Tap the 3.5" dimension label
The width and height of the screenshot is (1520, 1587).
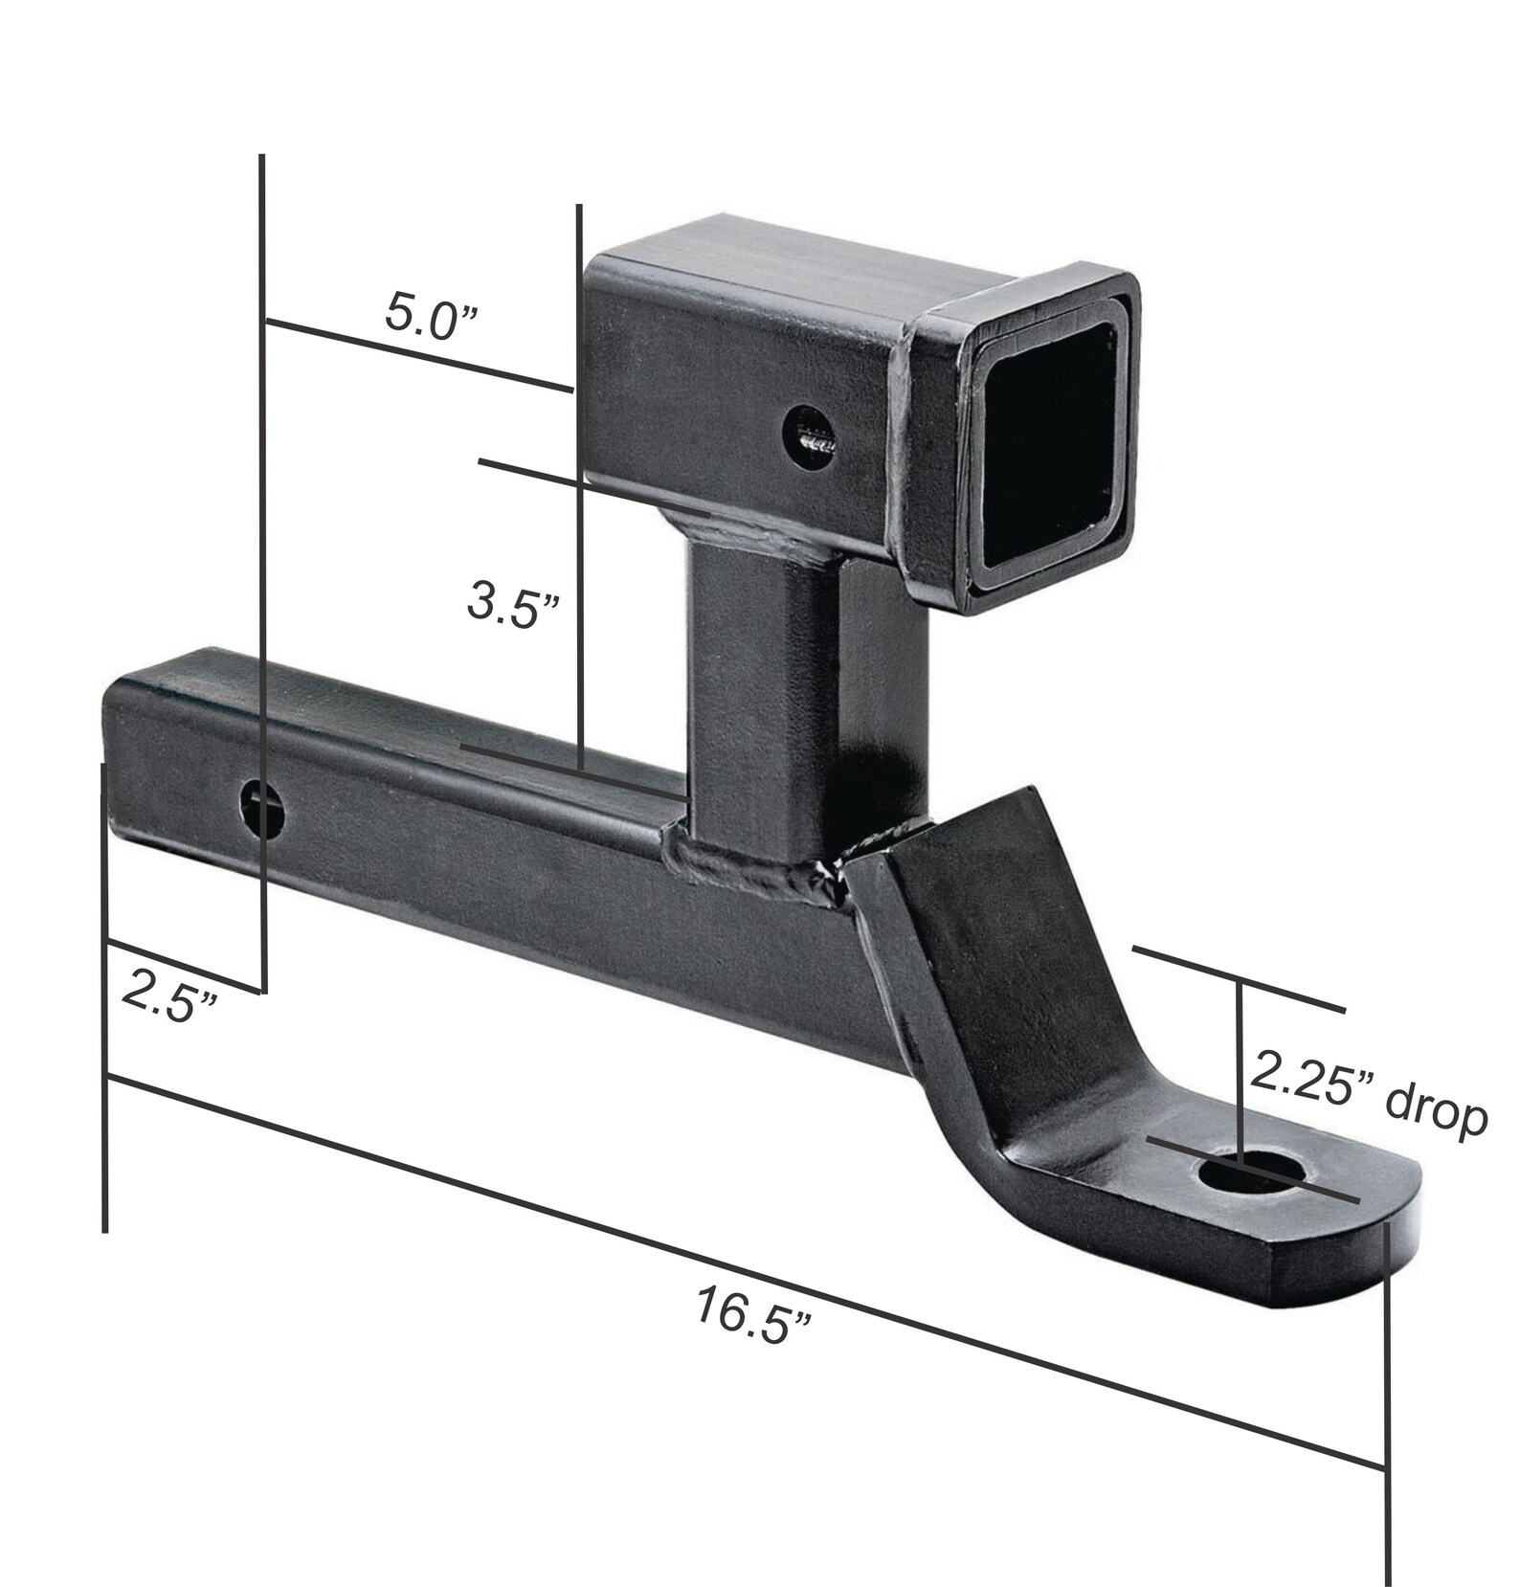point(513,604)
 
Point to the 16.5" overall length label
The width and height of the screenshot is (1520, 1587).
point(751,1316)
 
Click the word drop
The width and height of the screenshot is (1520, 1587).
point(1436,1116)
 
